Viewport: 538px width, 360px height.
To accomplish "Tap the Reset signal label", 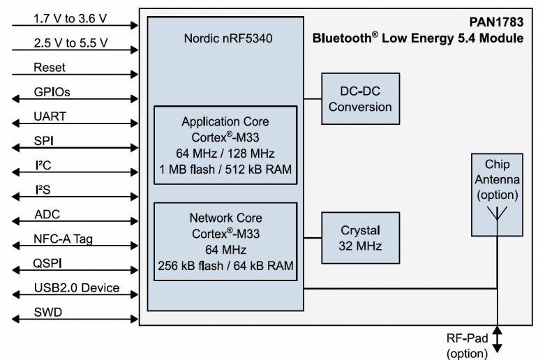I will pyautogui.click(x=49, y=68).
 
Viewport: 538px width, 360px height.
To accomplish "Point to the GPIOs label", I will pyautogui.click(x=52, y=92).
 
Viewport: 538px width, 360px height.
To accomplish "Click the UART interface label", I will pyautogui.click(x=50, y=117).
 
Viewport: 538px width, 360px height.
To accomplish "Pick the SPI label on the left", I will pyautogui.click(x=44, y=141).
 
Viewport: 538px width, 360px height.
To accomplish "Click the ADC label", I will pyautogui.click(x=46, y=214).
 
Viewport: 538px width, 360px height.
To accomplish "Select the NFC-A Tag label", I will pyautogui.click(x=63, y=239).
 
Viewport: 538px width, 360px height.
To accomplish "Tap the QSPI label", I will pyautogui.click(x=48, y=263).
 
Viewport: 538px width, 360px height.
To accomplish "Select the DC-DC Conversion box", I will pyautogui.click(x=360, y=100).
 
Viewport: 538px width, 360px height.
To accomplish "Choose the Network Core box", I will pyautogui.click(x=225, y=241).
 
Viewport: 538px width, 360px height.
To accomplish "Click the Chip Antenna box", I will pyautogui.click(x=498, y=195).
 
